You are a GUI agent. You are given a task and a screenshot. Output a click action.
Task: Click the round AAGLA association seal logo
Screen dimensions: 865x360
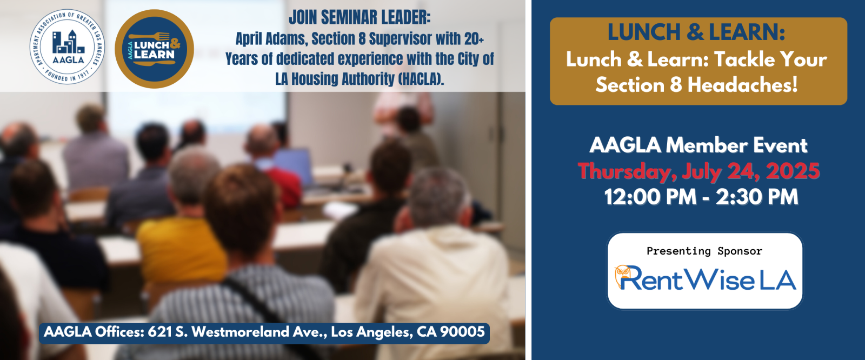67,46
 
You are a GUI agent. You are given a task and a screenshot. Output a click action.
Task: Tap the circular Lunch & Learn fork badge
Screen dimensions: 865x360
155,49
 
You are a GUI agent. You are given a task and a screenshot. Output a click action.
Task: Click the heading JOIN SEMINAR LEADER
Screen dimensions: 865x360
360,17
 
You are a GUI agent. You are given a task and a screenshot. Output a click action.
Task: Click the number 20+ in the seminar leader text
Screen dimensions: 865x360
474,38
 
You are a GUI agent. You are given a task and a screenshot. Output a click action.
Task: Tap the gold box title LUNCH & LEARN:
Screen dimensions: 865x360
696,32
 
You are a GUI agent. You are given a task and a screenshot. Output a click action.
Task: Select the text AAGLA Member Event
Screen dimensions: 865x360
698,145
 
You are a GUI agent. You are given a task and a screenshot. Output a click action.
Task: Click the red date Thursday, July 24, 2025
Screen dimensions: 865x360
698,171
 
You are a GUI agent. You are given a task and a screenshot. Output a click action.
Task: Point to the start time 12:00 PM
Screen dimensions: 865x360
650,197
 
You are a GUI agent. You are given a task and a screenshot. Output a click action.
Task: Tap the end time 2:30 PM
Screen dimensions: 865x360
757,197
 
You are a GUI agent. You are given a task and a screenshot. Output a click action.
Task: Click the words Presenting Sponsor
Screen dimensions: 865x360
704,251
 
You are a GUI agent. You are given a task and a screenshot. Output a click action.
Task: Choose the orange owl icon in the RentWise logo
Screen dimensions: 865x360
622,275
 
